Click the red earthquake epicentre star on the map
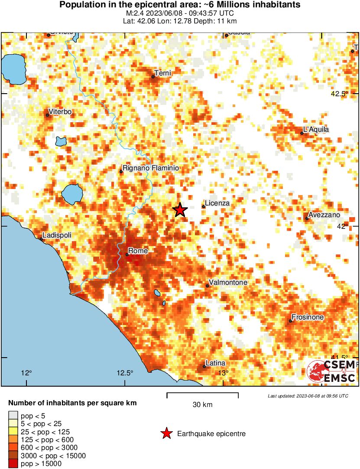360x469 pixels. coord(180,210)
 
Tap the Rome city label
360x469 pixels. coord(138,251)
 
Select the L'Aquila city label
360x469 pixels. coord(316,129)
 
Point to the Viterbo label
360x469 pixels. coord(60,112)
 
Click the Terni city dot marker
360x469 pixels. coord(153,77)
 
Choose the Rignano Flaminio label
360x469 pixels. coord(151,168)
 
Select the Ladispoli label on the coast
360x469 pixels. coord(57,235)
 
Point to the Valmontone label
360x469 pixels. coord(228,283)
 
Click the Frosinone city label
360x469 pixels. coord(308,317)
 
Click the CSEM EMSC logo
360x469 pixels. coord(331,371)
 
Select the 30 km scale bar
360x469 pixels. coord(202,395)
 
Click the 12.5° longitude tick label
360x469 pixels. coord(125,373)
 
